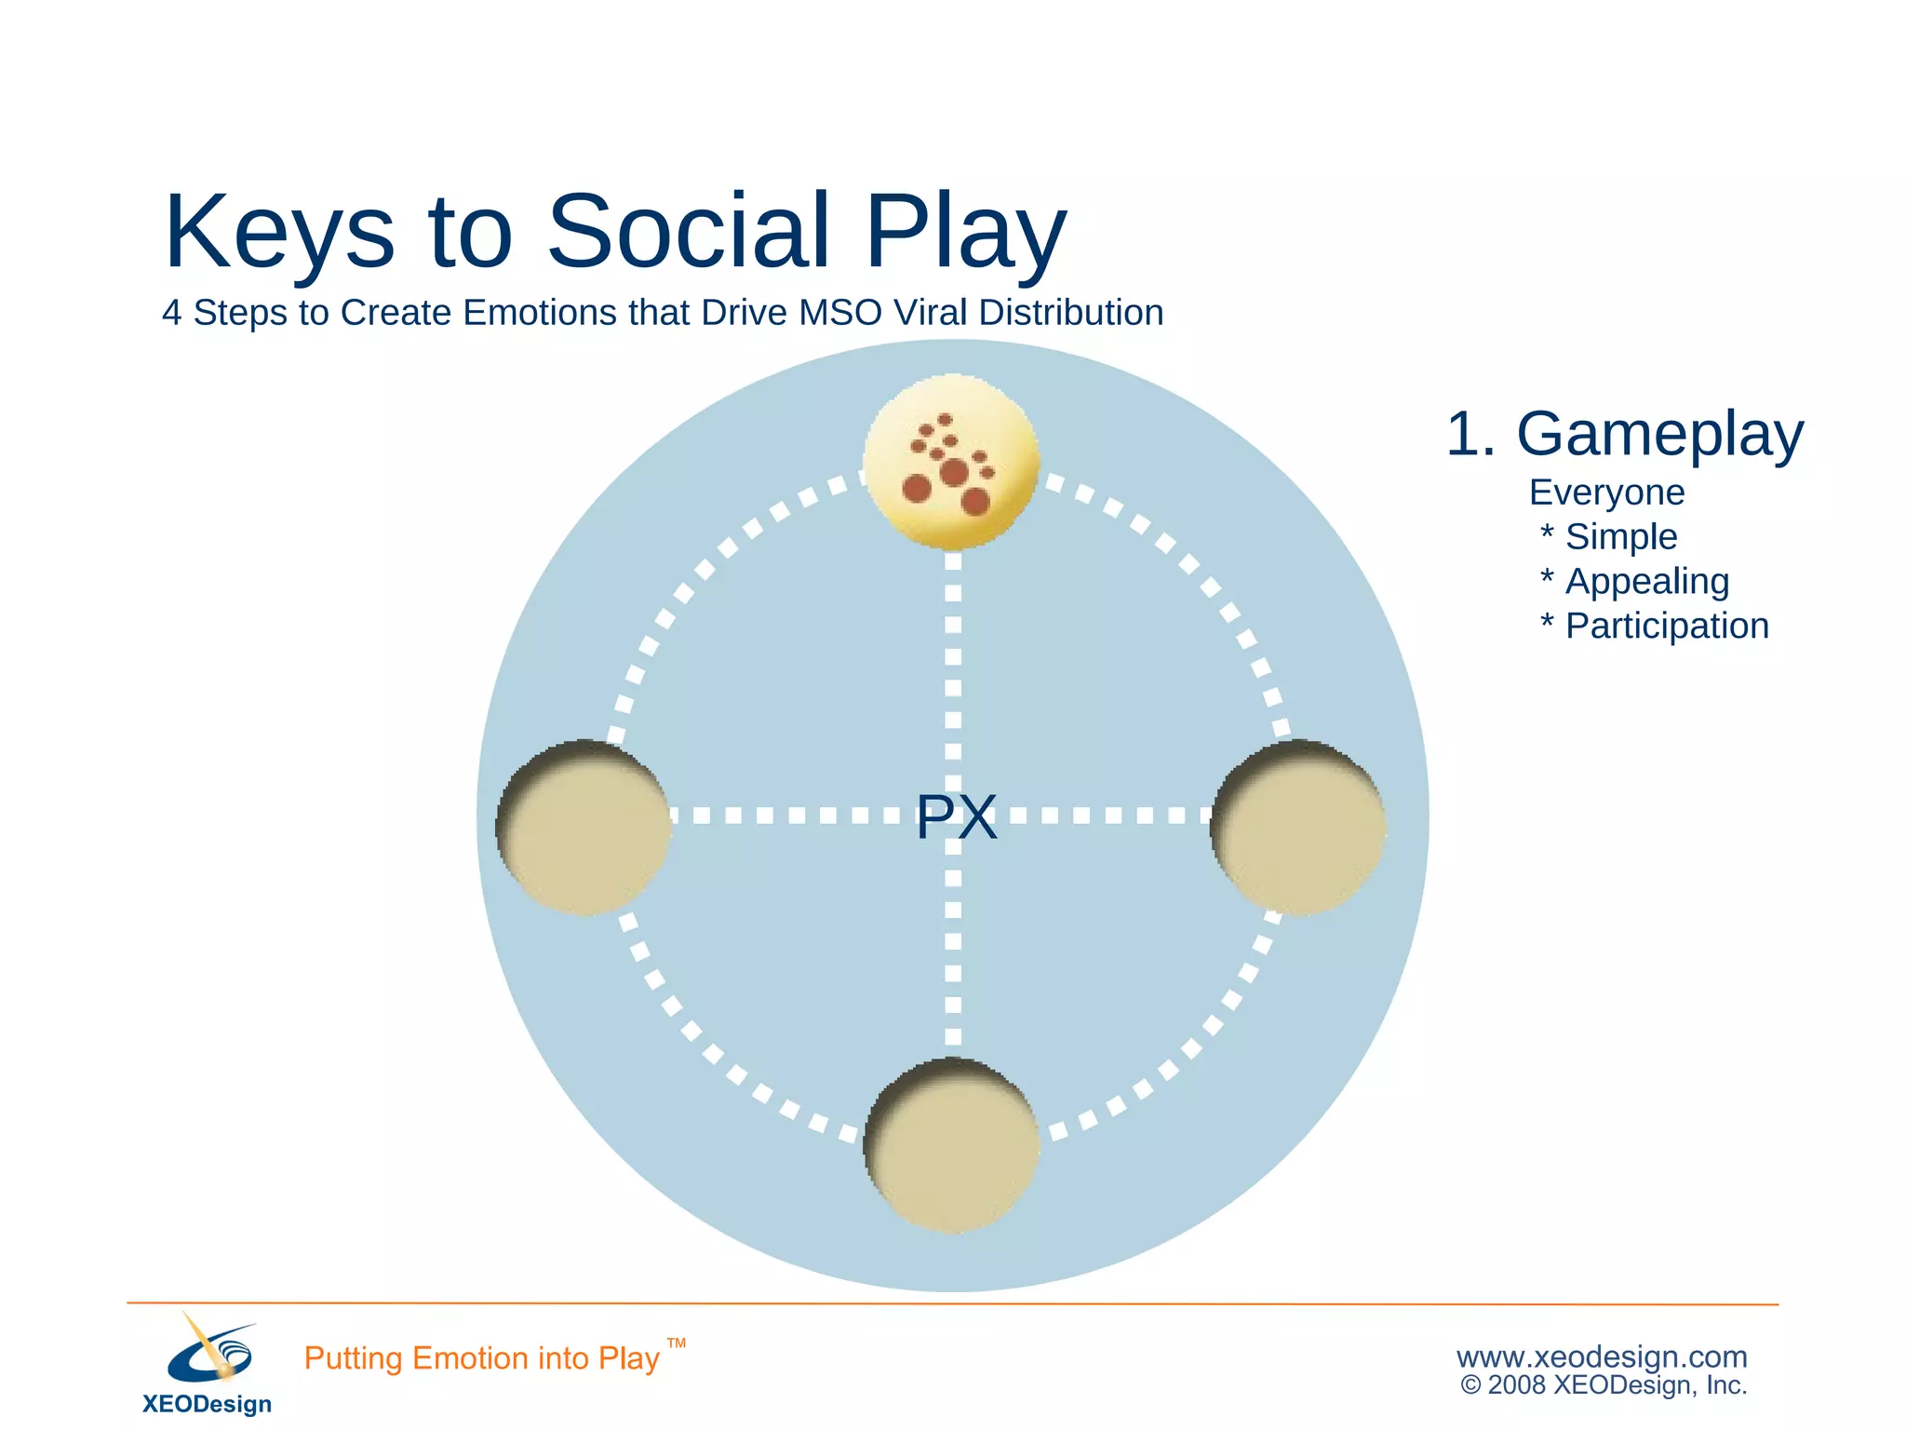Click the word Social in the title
688,231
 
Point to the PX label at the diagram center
956,817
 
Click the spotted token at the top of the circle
950,462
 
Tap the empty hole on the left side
584,828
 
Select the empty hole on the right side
1299,828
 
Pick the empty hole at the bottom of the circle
951,1146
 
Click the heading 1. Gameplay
1624,434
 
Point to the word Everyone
1606,492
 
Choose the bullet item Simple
1620,537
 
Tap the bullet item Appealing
1646,582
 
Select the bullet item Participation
1666,627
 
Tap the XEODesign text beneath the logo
207,1404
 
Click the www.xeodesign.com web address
1602,1356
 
